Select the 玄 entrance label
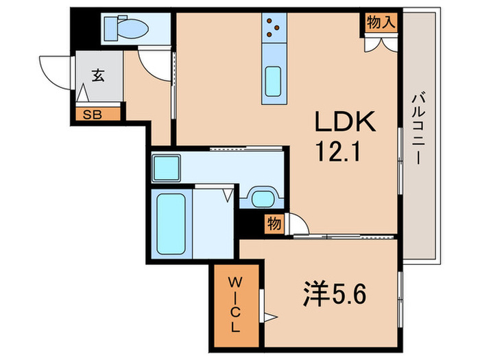pos(98,76)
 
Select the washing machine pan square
pos(166,167)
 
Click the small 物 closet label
pos(274,224)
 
